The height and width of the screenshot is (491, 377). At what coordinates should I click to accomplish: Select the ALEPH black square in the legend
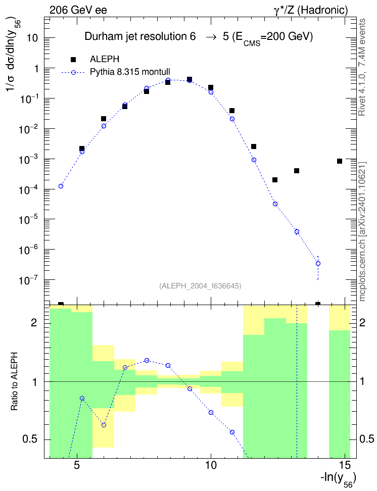point(73,59)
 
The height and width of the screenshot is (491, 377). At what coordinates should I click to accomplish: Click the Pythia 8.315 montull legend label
point(130,72)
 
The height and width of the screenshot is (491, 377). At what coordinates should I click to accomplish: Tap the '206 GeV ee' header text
point(78,10)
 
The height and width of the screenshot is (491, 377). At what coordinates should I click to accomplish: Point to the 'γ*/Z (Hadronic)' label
point(311,10)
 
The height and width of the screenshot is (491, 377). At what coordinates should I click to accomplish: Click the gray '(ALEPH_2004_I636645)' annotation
point(200,286)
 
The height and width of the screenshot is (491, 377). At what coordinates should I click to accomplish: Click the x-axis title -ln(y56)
point(338,479)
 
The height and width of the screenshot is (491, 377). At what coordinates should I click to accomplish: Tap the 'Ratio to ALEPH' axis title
point(14,382)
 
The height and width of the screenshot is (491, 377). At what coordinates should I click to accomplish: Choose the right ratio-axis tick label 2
point(362,322)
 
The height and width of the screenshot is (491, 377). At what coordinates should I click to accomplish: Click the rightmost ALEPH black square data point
point(340,161)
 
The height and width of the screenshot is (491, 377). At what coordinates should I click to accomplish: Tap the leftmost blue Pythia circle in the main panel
point(61,186)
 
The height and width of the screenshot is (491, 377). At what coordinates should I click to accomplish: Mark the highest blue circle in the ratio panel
point(147,361)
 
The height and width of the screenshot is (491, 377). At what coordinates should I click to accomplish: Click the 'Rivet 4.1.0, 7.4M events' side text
point(362,67)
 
